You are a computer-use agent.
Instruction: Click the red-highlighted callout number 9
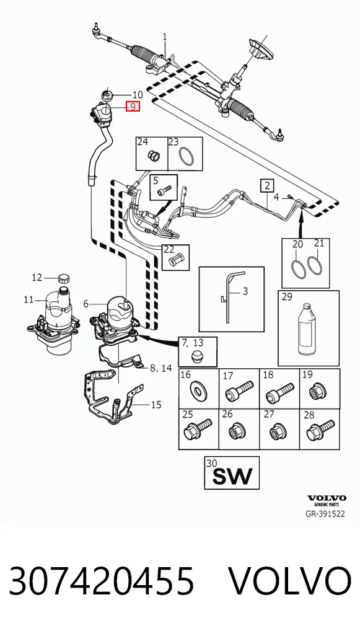(133, 107)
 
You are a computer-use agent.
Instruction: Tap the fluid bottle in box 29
(308, 330)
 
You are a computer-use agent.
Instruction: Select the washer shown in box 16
(198, 390)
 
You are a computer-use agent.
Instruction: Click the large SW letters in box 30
(232, 476)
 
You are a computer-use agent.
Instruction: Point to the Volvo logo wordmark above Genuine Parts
(327, 498)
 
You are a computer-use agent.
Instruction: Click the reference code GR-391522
(325, 514)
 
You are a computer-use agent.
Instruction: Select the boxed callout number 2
(267, 185)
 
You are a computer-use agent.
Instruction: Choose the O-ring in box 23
(186, 156)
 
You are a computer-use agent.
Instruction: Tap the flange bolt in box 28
(320, 430)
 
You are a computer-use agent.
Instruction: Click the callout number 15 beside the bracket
(156, 404)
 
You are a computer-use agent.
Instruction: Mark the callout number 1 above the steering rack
(165, 37)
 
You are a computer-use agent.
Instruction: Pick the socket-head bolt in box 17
(239, 390)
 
